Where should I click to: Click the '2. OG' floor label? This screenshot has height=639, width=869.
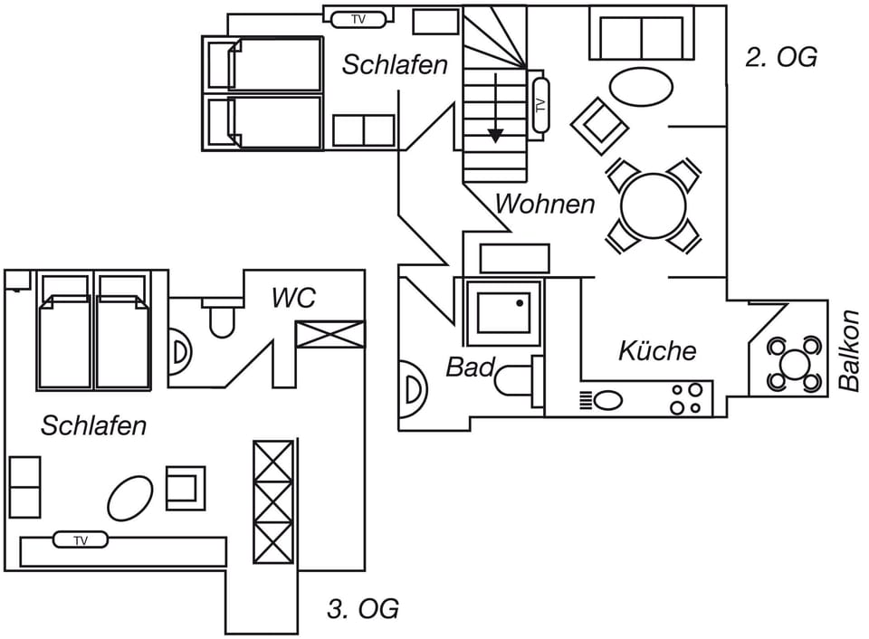(780, 57)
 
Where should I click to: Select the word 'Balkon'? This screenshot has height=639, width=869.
(848, 351)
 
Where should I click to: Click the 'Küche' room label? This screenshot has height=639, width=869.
(657, 351)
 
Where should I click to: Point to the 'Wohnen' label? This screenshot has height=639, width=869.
(545, 204)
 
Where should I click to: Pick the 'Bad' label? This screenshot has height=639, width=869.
(470, 367)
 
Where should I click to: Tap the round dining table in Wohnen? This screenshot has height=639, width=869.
(653, 205)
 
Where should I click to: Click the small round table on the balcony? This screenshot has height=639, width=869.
(795, 364)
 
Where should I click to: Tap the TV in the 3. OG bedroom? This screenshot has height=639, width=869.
(81, 540)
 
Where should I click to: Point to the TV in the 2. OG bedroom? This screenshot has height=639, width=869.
(358, 19)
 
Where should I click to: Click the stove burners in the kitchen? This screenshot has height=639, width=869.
(686, 398)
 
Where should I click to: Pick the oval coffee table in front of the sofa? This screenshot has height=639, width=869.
(641, 89)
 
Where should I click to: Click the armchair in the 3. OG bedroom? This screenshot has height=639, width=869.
(186, 487)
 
